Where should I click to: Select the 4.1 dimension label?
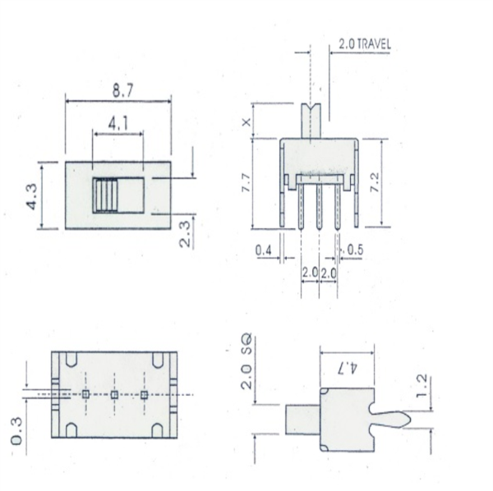point(118,125)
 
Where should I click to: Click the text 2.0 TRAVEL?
point(364,44)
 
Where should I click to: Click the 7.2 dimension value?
point(396,182)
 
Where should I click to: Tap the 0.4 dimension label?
point(265,249)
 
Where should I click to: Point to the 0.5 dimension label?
point(355,249)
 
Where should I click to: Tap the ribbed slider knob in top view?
point(105,195)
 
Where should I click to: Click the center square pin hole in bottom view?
point(114,395)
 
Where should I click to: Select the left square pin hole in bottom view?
point(85,395)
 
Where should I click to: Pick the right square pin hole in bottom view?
point(144,395)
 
